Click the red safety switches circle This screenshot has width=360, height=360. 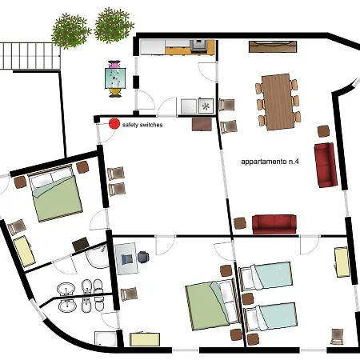pyautogui.click(x=114, y=124)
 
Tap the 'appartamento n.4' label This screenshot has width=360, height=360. pyautogui.click(x=270, y=162)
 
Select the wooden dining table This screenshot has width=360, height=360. pyautogui.click(x=277, y=102)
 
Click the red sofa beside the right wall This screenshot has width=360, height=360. pyautogui.click(x=326, y=165)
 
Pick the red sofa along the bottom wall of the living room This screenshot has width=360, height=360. pyautogui.click(x=274, y=225)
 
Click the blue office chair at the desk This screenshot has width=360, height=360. pyautogui.click(x=143, y=257)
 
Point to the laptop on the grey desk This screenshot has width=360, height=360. pyautogui.click(x=127, y=259)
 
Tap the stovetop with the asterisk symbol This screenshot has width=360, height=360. pyautogui.click(x=206, y=106)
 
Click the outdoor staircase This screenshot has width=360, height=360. pyautogui.click(x=30, y=56)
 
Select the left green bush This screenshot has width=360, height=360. pyautogui.click(x=70, y=31)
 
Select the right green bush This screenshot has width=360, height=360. pyautogui.click(x=114, y=26)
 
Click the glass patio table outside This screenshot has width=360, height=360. pyautogui.click(x=115, y=78)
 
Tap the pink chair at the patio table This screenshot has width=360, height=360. pyautogui.click(x=114, y=65)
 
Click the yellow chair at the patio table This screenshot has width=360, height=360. pyautogui.click(x=115, y=93)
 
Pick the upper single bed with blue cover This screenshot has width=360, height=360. pyautogui.click(x=265, y=275)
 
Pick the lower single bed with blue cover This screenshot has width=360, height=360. pyautogui.click(x=270, y=317)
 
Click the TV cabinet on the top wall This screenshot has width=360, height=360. pyautogui.click(x=273, y=46)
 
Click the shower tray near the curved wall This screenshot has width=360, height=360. pyautogui.click(x=106, y=339)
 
